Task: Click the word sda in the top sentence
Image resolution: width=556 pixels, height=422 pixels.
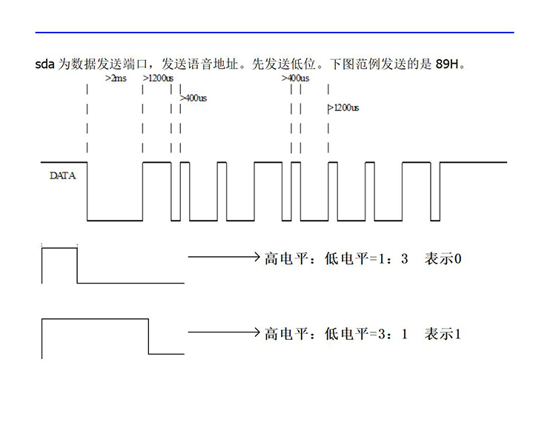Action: [44, 64]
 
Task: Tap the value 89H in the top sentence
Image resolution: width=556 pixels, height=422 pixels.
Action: [447, 64]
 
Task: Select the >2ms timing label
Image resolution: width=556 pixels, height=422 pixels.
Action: [116, 78]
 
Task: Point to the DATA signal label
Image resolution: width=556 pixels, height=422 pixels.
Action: [63, 175]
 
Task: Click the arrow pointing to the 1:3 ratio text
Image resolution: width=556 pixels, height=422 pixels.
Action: [224, 257]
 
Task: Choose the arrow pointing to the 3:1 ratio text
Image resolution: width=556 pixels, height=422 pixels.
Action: [224, 332]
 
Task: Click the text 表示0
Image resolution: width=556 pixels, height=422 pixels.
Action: [443, 259]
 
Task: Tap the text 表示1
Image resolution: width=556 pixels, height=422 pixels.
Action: [443, 334]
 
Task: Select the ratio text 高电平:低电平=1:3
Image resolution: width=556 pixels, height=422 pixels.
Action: [336, 259]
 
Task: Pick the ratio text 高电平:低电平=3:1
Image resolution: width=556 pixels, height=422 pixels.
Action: [336, 334]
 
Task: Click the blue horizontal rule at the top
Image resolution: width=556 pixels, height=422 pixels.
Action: [274, 33]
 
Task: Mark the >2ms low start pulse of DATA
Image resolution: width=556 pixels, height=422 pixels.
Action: [115, 220]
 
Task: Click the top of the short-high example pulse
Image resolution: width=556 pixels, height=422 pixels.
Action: [59, 249]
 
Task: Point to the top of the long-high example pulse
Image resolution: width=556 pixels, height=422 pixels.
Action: [95, 319]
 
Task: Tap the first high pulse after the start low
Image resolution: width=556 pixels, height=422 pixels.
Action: [156, 162]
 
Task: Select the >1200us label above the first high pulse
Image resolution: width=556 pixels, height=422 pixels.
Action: [158, 78]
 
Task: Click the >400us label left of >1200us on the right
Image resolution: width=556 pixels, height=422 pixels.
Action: [295, 78]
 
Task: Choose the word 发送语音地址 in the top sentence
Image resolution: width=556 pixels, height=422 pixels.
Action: [199, 64]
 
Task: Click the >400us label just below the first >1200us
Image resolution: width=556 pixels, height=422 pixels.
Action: [193, 98]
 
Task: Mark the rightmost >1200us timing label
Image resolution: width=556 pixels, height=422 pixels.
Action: [344, 107]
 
